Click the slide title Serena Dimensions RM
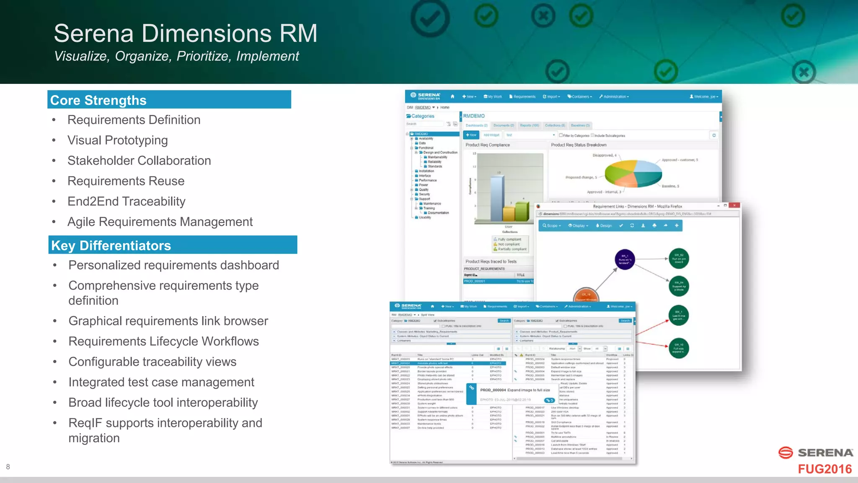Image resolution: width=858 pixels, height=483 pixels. (186, 34)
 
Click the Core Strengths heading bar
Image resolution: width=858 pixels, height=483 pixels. (169, 100)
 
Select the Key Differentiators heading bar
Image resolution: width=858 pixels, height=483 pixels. (173, 245)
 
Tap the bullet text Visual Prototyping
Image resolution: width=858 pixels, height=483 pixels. (118, 140)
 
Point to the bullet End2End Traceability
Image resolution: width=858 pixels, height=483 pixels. (127, 202)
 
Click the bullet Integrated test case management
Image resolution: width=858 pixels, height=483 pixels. (161, 382)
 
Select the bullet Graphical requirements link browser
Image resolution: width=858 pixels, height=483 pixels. (168, 321)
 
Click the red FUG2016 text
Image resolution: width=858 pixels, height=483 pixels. (824, 469)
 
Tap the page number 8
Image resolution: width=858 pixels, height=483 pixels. (8, 467)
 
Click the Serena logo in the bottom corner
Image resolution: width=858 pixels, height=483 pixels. (815, 453)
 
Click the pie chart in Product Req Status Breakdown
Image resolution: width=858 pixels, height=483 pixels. (633, 174)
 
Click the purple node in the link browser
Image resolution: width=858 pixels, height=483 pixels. (625, 260)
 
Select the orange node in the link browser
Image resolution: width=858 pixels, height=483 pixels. (586, 295)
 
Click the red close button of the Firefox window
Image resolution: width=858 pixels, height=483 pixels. (734, 205)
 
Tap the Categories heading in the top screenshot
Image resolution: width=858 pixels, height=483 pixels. (423, 116)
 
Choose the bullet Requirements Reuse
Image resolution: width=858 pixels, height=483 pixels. (126, 181)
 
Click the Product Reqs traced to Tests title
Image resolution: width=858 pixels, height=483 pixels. (491, 261)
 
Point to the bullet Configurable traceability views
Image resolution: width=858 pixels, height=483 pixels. (152, 362)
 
